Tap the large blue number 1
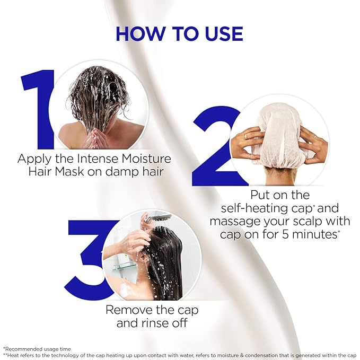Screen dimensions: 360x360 (x=40, y=109)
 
